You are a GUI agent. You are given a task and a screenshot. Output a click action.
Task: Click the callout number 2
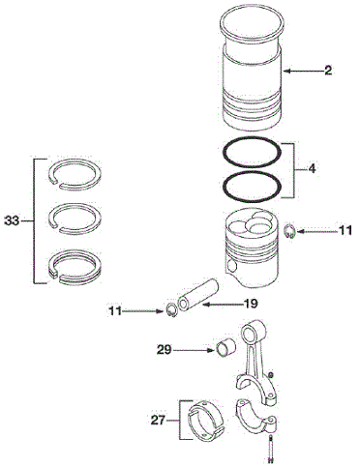[328, 71]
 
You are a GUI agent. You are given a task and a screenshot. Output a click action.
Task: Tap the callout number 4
[312, 168]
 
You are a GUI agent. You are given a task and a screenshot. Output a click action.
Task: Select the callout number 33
[12, 221]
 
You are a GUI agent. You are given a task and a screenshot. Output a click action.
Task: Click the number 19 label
[251, 304]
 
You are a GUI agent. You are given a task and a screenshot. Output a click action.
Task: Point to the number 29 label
[164, 350]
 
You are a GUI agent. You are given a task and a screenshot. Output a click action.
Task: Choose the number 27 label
[159, 421]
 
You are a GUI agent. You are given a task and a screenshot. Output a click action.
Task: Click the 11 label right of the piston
[345, 231]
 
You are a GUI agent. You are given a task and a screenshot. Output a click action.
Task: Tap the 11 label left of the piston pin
[115, 311]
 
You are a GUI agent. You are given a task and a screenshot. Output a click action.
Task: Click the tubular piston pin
[198, 295]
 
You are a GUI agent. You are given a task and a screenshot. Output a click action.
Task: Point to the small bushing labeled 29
[225, 349]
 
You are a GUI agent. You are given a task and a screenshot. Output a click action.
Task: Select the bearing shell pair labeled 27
[206, 421]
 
